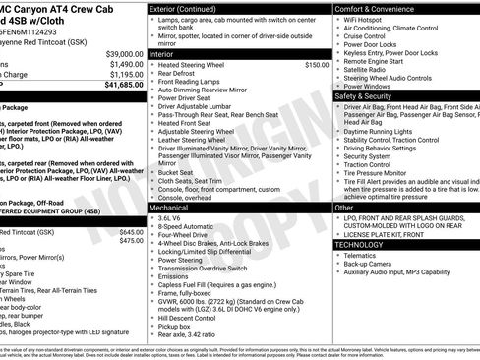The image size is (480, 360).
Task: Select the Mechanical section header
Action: [176, 209]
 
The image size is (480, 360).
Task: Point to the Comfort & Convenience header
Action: [382, 8]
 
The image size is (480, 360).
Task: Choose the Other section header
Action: [344, 209]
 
